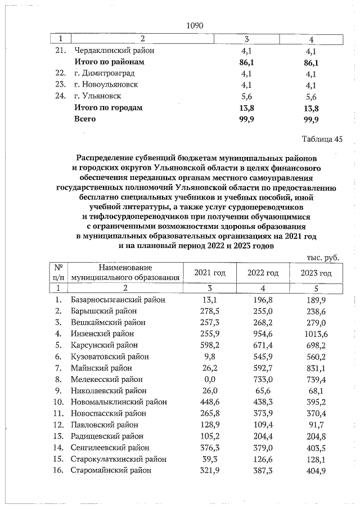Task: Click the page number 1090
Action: coord(194,25)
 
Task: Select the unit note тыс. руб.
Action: coord(322,257)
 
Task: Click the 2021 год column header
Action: coord(209,273)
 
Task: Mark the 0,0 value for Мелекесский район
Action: coord(209,379)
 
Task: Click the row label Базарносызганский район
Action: coord(118,300)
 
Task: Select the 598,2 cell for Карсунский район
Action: coord(209,345)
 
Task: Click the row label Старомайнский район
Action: coord(111,470)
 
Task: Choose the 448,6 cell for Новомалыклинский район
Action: coord(209,402)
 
